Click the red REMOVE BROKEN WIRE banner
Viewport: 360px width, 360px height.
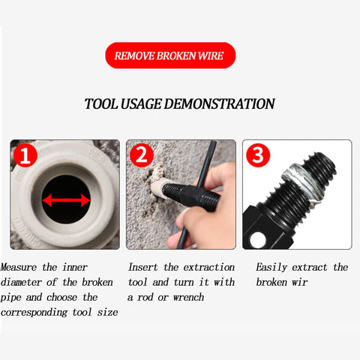click(x=170, y=55)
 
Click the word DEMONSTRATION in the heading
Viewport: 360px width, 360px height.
click(x=219, y=103)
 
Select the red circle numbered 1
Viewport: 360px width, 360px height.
click(x=25, y=155)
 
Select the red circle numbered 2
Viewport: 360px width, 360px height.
click(x=142, y=155)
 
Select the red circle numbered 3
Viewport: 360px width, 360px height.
click(x=258, y=155)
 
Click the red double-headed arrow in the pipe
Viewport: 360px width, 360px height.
click(x=66, y=200)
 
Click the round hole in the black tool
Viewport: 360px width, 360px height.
click(x=258, y=240)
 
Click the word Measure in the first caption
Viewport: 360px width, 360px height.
click(x=19, y=267)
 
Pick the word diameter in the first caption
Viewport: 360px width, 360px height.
click(x=21, y=282)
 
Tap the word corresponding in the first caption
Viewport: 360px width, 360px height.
click(x=34, y=313)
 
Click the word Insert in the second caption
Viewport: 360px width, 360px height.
click(x=143, y=267)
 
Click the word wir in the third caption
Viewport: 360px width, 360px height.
click(x=300, y=283)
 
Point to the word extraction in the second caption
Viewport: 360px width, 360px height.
click(x=209, y=267)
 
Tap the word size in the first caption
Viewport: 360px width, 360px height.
click(x=107, y=312)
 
